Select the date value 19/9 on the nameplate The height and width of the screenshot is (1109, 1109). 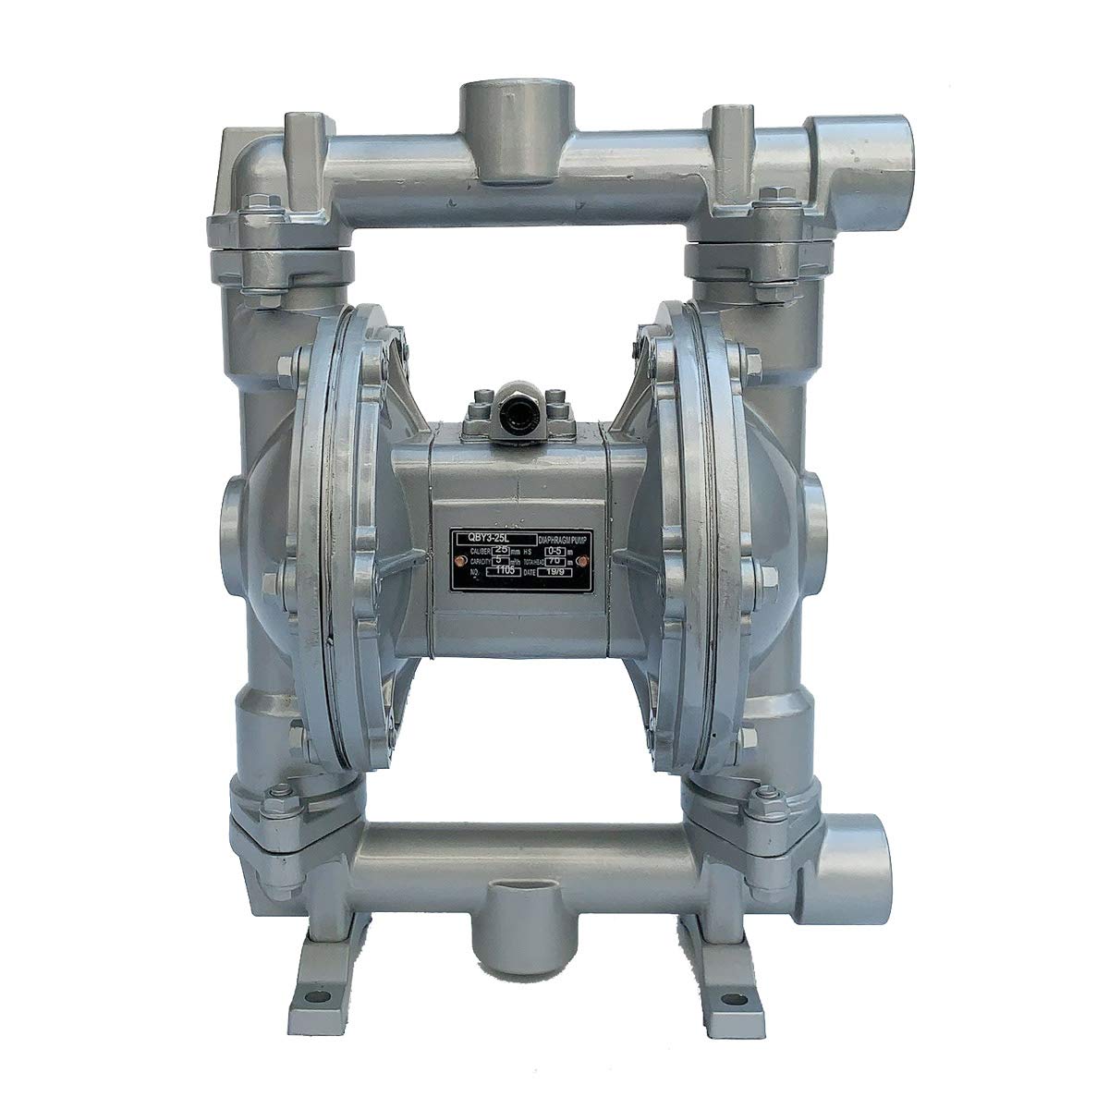point(554,572)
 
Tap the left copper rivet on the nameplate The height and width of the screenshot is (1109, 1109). point(459,560)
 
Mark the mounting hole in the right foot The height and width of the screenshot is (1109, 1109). point(736,1017)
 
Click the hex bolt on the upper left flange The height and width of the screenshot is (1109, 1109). point(254,205)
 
